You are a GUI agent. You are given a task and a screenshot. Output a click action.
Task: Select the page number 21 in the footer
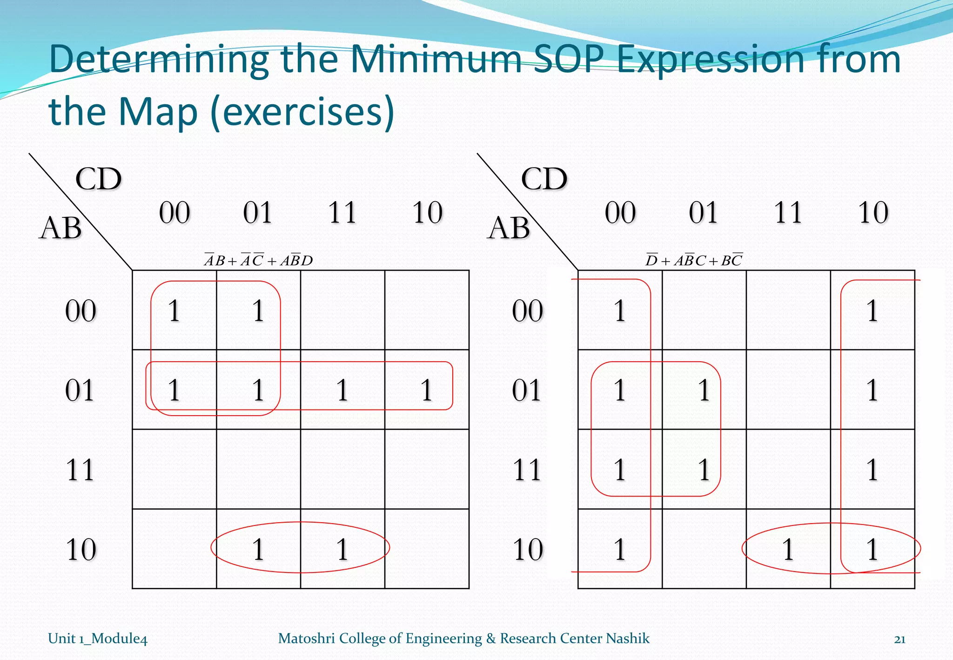point(899,639)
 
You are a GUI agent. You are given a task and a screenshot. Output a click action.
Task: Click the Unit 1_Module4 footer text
point(98,639)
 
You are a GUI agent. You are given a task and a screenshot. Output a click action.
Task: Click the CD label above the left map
point(98,179)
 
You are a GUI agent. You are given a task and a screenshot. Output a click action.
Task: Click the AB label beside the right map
point(509,229)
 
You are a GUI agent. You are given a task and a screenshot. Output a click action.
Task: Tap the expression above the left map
point(258,260)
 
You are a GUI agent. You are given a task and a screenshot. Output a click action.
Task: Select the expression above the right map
point(694,260)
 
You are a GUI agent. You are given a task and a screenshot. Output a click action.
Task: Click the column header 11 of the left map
point(342,213)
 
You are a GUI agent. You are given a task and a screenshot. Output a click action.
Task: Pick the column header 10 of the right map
point(873,213)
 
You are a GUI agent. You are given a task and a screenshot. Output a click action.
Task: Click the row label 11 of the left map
point(80,470)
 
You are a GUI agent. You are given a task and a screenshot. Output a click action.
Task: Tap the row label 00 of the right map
point(527,311)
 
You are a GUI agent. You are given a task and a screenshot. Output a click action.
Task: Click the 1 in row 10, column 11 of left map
point(342,549)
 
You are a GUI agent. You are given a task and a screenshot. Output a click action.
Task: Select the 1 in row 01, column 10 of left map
point(427,390)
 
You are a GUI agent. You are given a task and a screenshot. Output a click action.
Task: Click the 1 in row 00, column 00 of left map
point(174,311)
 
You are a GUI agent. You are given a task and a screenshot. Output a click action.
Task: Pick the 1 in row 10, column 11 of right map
point(788,549)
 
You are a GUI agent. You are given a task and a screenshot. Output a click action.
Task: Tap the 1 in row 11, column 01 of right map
point(704,470)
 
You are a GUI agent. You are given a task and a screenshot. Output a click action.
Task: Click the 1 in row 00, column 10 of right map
point(872,311)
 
